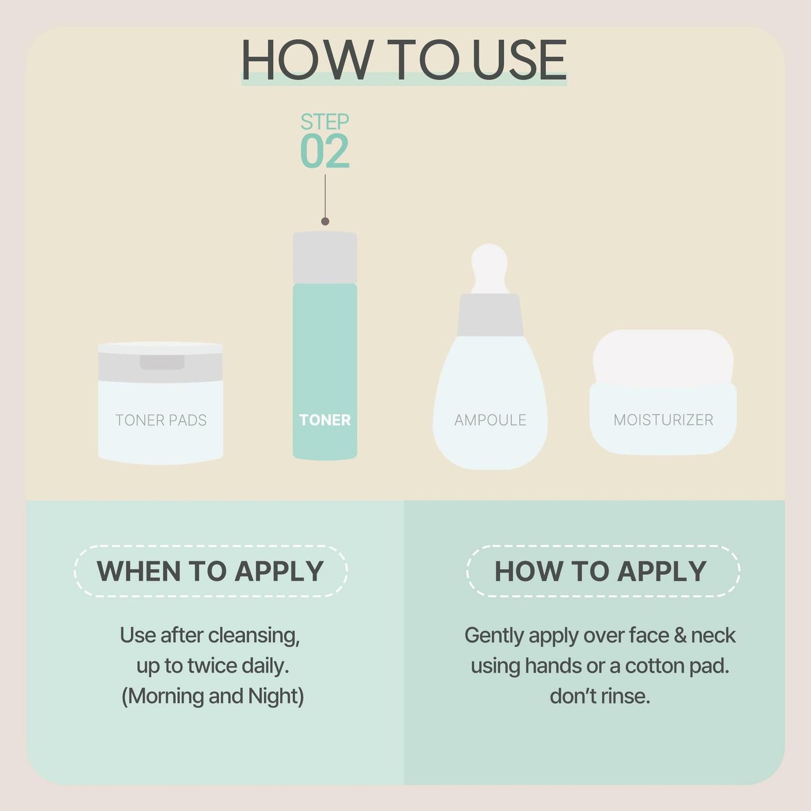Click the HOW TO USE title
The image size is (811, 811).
click(x=404, y=60)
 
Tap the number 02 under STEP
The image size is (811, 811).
click(x=324, y=152)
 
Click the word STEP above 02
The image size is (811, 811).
click(x=324, y=121)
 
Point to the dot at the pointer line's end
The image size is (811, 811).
click(x=325, y=222)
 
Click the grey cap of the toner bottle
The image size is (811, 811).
click(x=325, y=258)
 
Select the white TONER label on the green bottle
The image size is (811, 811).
click(x=324, y=420)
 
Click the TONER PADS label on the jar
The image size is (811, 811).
click(x=161, y=420)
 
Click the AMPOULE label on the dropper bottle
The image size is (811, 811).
click(x=490, y=420)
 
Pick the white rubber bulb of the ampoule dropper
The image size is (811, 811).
click(x=489, y=267)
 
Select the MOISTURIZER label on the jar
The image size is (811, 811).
click(x=663, y=420)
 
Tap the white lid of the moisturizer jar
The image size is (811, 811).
click(x=663, y=356)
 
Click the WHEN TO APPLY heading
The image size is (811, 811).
click(x=210, y=571)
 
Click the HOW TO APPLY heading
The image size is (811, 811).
click(x=600, y=571)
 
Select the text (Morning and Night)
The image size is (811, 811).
click(x=212, y=696)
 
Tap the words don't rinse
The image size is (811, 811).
click(x=600, y=696)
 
